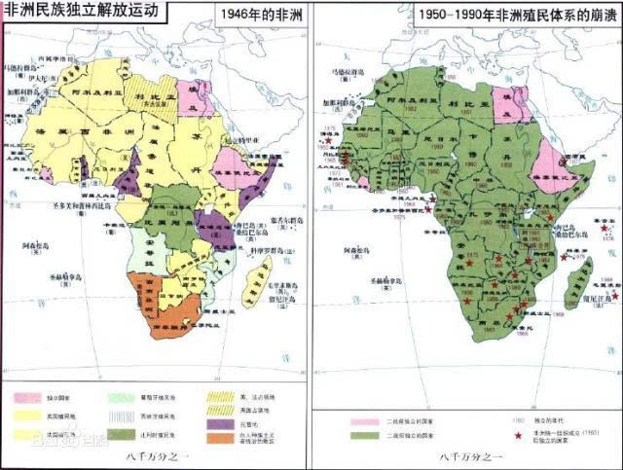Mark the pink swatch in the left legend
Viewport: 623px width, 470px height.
click(x=29, y=398)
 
